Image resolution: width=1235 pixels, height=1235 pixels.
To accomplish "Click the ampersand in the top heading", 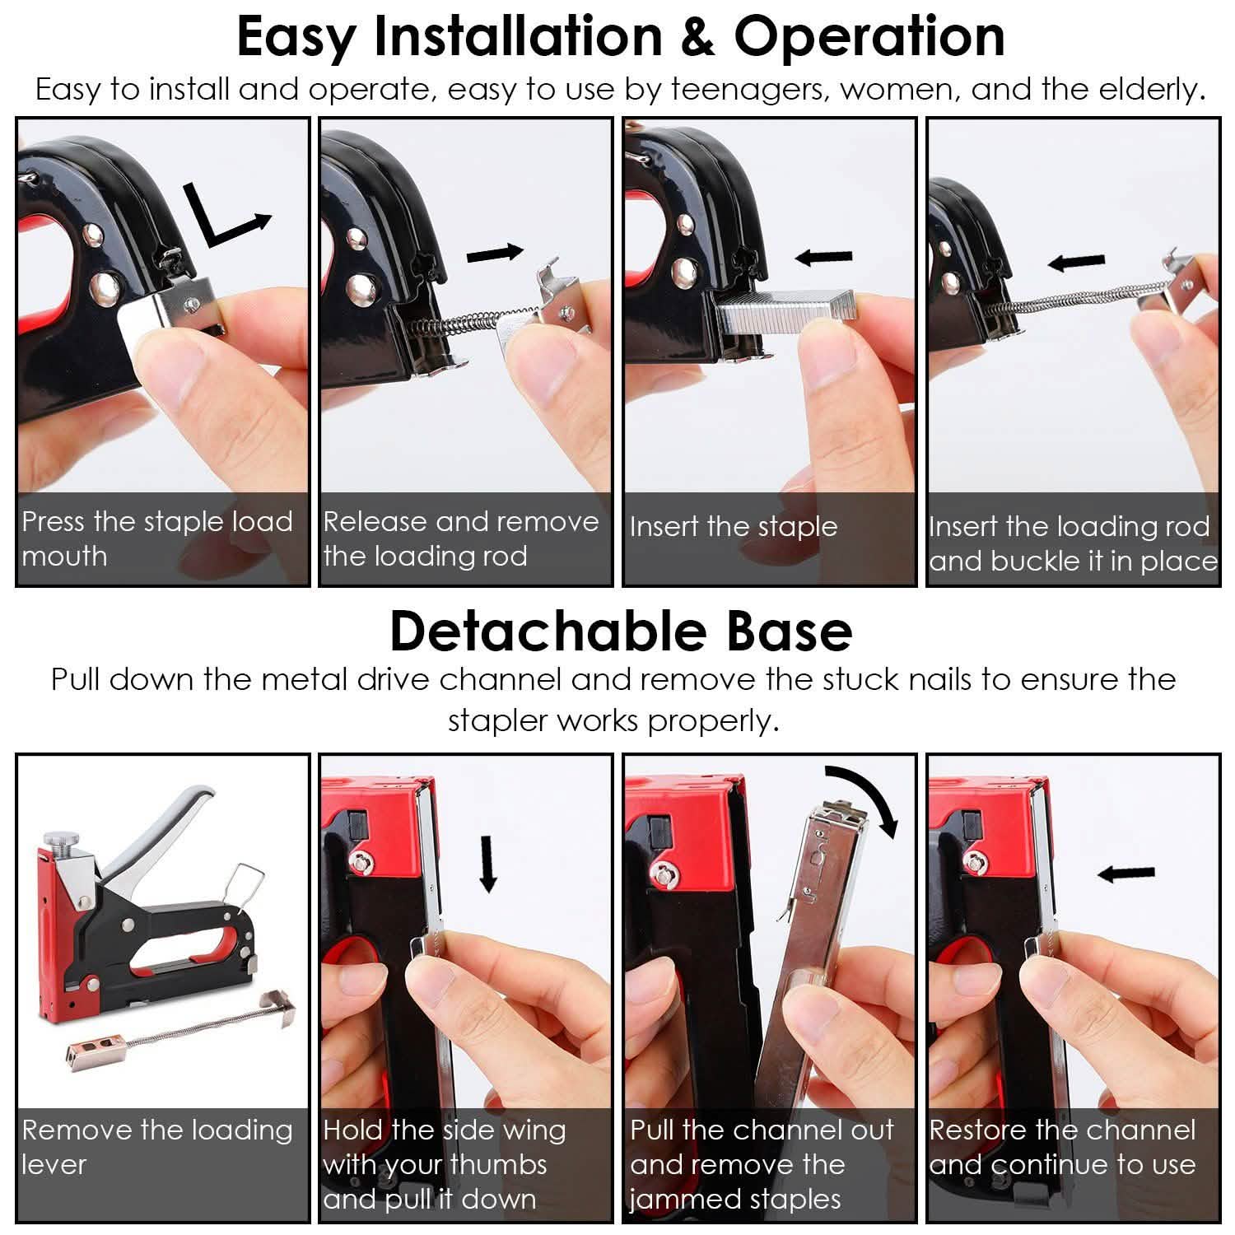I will point(698,38).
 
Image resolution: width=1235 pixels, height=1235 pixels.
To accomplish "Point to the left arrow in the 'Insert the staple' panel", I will point(824,258).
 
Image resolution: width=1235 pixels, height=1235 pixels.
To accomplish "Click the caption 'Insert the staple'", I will point(733,527).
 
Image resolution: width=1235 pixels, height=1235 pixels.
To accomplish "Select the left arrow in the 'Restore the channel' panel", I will point(1127,874).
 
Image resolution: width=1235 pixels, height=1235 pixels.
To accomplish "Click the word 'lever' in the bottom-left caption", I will point(54,1165).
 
